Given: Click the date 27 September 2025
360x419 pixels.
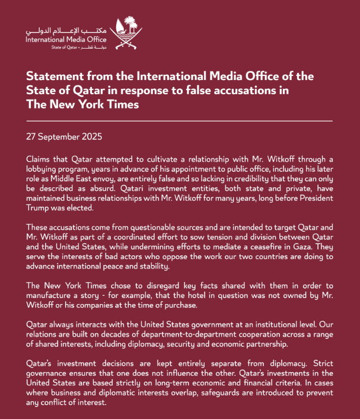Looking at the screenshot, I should [64, 136].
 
